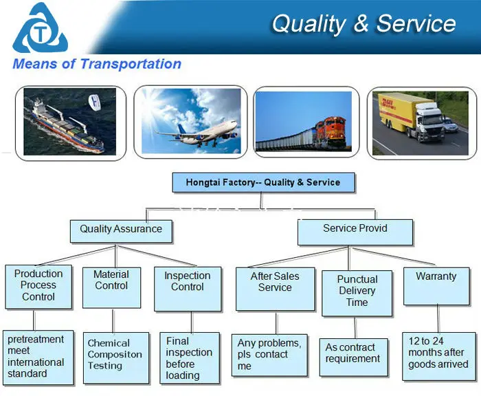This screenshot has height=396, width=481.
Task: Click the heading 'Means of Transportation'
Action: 97,65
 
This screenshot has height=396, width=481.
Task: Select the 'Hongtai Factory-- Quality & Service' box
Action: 262,183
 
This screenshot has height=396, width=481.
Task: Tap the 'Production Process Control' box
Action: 38,285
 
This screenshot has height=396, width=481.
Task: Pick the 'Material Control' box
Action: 111,285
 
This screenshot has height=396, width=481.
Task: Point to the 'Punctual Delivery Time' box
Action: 357,292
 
